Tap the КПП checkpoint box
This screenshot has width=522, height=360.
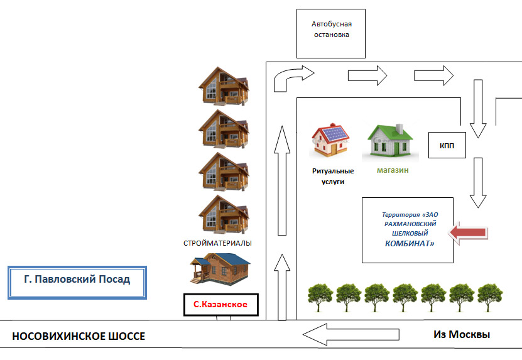coord(447,147)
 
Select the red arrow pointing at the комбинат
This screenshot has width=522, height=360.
coord(470,233)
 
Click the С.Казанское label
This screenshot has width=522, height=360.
coord(220,305)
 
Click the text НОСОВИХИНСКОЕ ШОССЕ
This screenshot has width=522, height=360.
coord(79,337)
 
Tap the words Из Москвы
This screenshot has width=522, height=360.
coord(461,334)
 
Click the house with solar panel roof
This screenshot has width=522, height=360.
coord(331,141)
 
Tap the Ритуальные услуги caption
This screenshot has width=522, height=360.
coord(333,176)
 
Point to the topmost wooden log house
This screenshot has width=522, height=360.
coord(222,85)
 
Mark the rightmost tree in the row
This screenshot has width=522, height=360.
coord(491,297)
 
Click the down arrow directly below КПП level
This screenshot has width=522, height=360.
coord(479,183)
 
